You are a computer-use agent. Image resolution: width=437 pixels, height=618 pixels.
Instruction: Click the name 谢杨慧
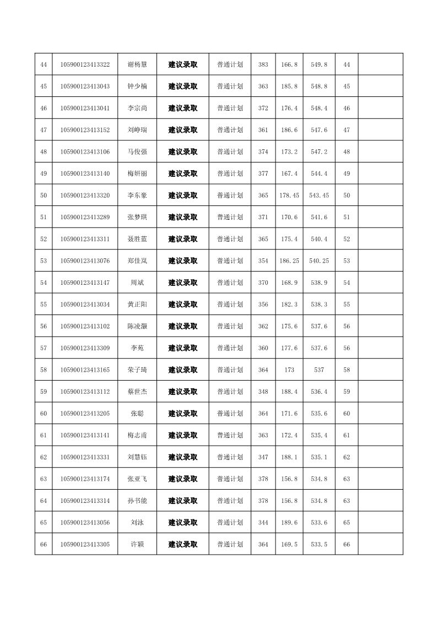[x=137, y=64]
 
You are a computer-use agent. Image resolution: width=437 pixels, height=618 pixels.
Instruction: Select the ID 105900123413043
[x=85, y=86]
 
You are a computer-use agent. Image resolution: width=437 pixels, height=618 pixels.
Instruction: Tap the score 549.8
[x=319, y=64]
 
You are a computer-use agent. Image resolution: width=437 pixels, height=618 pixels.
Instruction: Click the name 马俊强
[x=137, y=151]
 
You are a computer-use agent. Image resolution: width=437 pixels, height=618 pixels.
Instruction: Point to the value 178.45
[x=289, y=196]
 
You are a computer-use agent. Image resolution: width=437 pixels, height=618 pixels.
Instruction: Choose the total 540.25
[x=319, y=261]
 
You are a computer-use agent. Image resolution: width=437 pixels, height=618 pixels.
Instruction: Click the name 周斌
[x=137, y=283]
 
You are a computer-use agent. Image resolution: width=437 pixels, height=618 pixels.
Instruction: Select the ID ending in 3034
[x=85, y=305]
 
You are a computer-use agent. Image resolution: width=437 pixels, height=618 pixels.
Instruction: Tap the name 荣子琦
[x=137, y=370]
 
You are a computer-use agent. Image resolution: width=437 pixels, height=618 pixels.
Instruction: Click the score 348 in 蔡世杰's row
[x=263, y=392]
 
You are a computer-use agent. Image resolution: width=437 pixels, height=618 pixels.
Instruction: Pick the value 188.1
[x=289, y=457]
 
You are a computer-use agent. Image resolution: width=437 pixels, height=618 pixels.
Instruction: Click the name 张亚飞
[x=137, y=479]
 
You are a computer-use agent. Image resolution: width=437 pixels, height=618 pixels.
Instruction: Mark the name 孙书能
[x=137, y=501]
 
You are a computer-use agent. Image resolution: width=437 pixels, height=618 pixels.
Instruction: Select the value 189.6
[x=289, y=523]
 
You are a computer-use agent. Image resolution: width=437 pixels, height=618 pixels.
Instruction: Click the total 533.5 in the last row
[x=319, y=545]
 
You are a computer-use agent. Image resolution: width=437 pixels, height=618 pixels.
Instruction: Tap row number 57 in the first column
[x=44, y=348]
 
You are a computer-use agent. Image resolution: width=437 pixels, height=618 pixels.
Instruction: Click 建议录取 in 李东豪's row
[x=183, y=196]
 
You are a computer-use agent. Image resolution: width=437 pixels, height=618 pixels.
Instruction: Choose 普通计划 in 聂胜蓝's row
[x=230, y=239]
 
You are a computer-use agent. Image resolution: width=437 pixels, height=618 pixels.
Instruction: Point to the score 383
[x=263, y=64]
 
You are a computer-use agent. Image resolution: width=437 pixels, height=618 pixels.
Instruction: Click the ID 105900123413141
[x=85, y=435]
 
